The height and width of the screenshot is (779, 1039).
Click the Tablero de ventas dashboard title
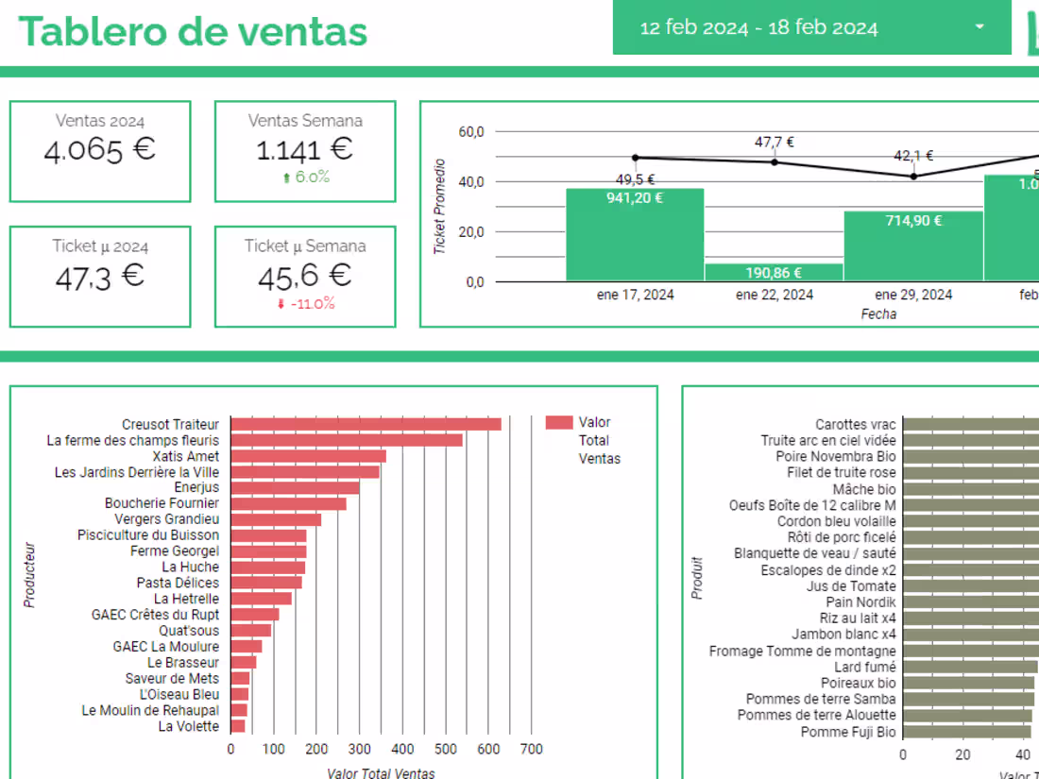[193, 31]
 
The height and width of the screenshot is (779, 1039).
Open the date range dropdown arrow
[979, 27]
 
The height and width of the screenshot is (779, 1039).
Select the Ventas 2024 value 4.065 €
[99, 150]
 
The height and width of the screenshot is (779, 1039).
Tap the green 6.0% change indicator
[305, 178]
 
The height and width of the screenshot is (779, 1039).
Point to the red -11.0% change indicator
[305, 304]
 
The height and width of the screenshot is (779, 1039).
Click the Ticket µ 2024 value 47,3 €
[99, 276]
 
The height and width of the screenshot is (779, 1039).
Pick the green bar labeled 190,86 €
[774, 272]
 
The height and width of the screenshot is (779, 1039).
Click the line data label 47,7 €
[774, 143]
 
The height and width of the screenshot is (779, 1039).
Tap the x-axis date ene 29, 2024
[913, 295]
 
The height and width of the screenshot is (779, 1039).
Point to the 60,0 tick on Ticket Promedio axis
[470, 131]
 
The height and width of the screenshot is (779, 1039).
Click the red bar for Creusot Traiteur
[366, 424]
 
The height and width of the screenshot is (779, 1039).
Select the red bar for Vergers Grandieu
[276, 519]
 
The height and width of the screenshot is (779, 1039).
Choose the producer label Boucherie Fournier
[162, 503]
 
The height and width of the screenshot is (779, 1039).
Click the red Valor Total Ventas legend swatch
[559, 423]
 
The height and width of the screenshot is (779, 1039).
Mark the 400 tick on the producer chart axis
[402, 749]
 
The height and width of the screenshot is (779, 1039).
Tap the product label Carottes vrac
[856, 425]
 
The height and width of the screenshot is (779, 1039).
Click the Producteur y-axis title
[29, 574]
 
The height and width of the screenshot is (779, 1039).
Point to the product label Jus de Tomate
[851, 585]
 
